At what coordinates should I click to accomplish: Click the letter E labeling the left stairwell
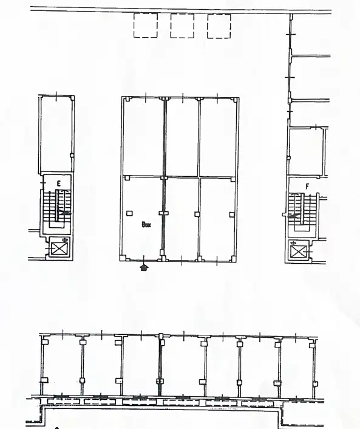coord(59,182)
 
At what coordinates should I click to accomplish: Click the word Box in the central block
coord(146,224)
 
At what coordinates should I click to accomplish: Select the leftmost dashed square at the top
coord(146,26)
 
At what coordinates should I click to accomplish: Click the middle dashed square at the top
coord(182,26)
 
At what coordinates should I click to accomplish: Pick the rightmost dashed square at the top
coord(219,26)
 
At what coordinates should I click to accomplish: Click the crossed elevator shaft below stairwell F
coord(298,250)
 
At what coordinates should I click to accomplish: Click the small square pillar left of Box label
coord(129,213)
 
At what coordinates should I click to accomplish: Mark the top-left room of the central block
coord(143,137)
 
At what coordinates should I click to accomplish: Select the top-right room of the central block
coord(217,137)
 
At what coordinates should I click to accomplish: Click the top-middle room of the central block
coord(182,137)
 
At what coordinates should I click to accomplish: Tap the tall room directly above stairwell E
coord(56,134)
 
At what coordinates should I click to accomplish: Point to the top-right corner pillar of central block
coord(235,99)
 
